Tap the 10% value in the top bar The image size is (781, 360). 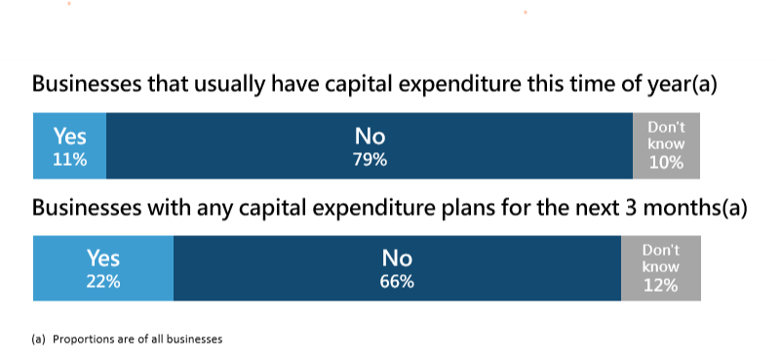point(666,163)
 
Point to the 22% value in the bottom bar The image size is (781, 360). point(103,282)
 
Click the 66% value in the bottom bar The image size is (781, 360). point(397,282)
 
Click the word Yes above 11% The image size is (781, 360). point(69,139)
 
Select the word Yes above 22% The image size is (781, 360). point(103,259)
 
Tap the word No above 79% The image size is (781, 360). point(370,139)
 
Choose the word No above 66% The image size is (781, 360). point(397,259)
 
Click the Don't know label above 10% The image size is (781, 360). point(666,136)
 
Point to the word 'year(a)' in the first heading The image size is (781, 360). point(683,85)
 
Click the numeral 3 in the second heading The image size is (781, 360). point(612,207)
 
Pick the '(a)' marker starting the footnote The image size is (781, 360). point(39,340)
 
